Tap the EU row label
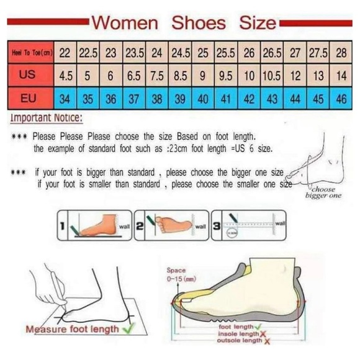27,98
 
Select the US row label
27,76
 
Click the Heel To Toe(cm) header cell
29,53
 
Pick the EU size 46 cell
341,98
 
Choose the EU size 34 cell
65,98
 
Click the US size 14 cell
341,76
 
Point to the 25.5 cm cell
225,53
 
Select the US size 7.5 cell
156,76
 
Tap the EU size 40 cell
203,98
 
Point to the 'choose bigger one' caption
323,192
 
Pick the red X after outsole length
267,341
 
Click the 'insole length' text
238,334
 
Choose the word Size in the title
256,24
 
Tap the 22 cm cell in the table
65,53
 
